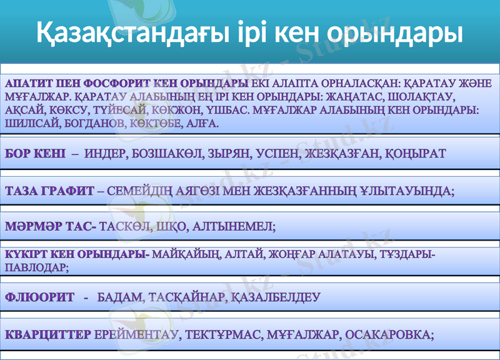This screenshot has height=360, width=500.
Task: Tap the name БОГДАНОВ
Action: tap(94, 123)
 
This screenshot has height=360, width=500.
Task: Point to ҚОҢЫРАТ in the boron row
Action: tap(420, 154)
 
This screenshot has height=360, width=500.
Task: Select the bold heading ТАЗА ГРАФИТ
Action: tap(49, 190)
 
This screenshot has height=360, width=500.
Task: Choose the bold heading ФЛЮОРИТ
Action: tap(39, 297)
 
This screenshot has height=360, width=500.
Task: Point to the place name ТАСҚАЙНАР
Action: tap(184, 297)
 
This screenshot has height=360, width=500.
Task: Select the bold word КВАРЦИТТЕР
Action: tap(48, 334)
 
